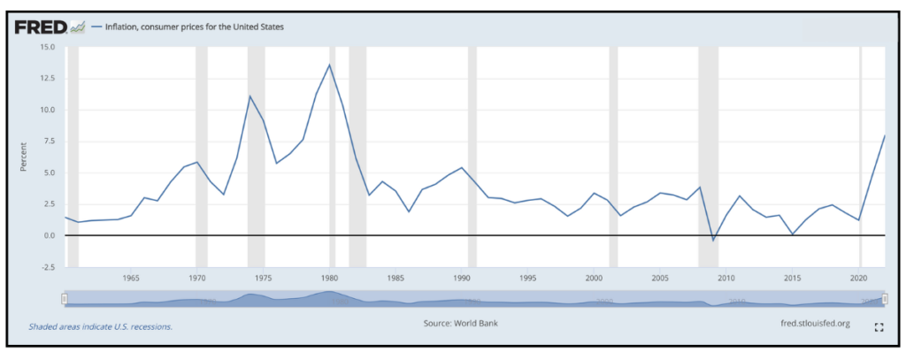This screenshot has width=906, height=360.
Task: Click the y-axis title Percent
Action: (24, 157)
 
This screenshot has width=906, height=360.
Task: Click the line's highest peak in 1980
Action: (330, 65)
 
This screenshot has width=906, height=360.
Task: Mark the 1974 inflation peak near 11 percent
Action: (250, 96)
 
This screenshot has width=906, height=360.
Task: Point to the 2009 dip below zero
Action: (713, 240)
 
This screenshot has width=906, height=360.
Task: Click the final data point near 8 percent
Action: (886, 135)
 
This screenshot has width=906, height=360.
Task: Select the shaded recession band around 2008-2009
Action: (708, 159)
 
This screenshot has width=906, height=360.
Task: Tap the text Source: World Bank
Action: (460, 324)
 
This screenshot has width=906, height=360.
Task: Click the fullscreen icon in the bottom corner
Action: (879, 326)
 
